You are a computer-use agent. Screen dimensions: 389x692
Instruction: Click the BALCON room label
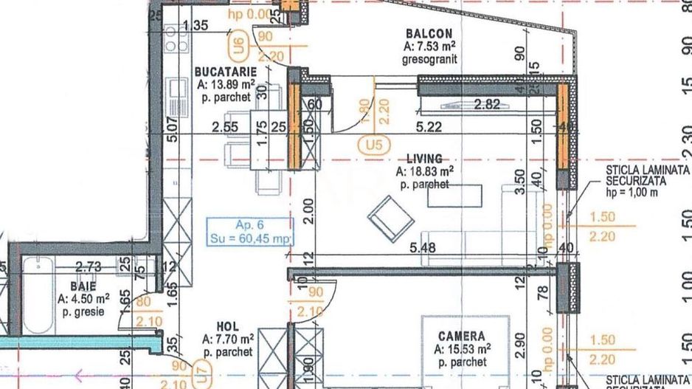coord(429,34)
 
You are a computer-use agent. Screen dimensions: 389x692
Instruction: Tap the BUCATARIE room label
coord(225,72)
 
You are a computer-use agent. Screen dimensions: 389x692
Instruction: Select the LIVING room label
coord(424,159)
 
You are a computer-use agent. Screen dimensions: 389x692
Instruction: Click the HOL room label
coord(227,326)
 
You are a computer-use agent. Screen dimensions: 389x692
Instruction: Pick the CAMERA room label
coord(462,335)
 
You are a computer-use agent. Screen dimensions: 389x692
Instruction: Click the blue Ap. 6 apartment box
coord(249,230)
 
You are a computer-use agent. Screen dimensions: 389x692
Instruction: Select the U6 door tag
coord(238,48)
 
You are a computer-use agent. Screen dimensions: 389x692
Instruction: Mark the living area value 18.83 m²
coord(424,171)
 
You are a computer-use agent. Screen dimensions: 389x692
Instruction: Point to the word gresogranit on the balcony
coord(431,59)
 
